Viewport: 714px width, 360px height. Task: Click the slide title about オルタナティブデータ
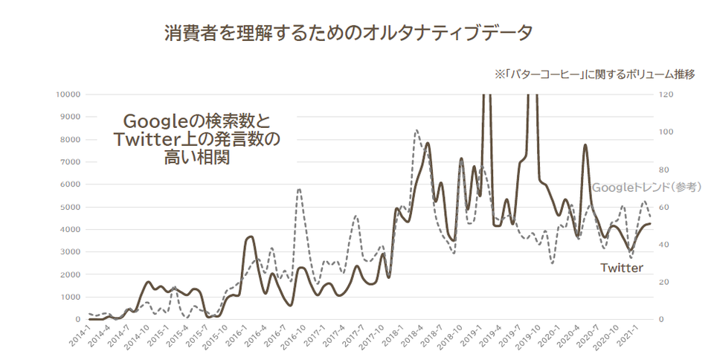coord(348,33)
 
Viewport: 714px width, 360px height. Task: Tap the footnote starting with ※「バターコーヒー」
coord(594,74)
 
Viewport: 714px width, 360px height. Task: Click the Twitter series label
coord(622,268)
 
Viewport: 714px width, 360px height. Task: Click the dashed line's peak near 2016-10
coord(299,189)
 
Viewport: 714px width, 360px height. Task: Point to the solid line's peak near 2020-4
coord(585,145)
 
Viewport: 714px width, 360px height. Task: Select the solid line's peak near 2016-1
coord(251,237)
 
